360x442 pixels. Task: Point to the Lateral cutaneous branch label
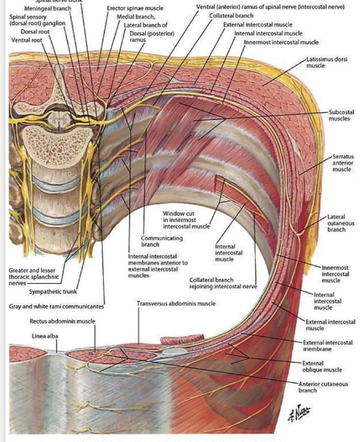pos(339,223)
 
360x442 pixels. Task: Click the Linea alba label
pos(44,336)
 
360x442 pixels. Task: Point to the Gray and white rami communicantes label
pos(56,306)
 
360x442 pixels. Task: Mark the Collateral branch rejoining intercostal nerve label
pos(222,283)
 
